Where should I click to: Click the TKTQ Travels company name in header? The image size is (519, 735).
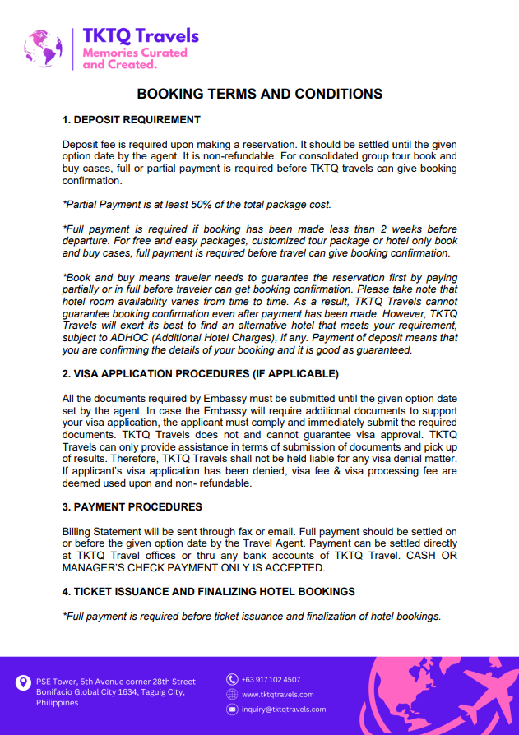(141, 35)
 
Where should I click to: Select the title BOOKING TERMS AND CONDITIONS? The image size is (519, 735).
(259, 94)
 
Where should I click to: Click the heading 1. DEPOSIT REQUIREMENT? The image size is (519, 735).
(132, 120)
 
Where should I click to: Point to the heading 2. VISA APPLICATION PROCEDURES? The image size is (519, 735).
(200, 374)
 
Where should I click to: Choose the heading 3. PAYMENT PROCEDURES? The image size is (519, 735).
(132, 506)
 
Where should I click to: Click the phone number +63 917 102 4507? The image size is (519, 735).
(271, 680)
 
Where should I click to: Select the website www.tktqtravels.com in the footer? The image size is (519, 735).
(278, 695)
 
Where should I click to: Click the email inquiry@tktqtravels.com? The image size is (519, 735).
(284, 709)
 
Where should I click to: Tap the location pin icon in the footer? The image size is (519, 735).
(23, 682)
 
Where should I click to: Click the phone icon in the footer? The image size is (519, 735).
(232, 680)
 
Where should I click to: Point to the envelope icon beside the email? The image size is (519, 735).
(232, 709)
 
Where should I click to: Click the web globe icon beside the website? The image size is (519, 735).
(232, 695)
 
